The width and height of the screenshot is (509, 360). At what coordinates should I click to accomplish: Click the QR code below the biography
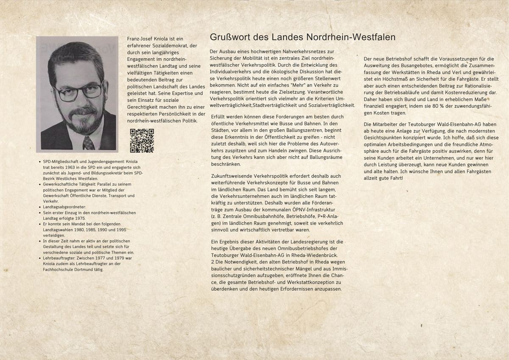pos(142,141)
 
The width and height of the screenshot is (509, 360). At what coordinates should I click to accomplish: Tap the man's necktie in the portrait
pos(88,142)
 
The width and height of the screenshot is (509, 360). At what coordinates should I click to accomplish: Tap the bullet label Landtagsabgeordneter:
pos(62,207)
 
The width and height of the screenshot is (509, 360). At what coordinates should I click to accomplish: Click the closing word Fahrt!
pos(394,178)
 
